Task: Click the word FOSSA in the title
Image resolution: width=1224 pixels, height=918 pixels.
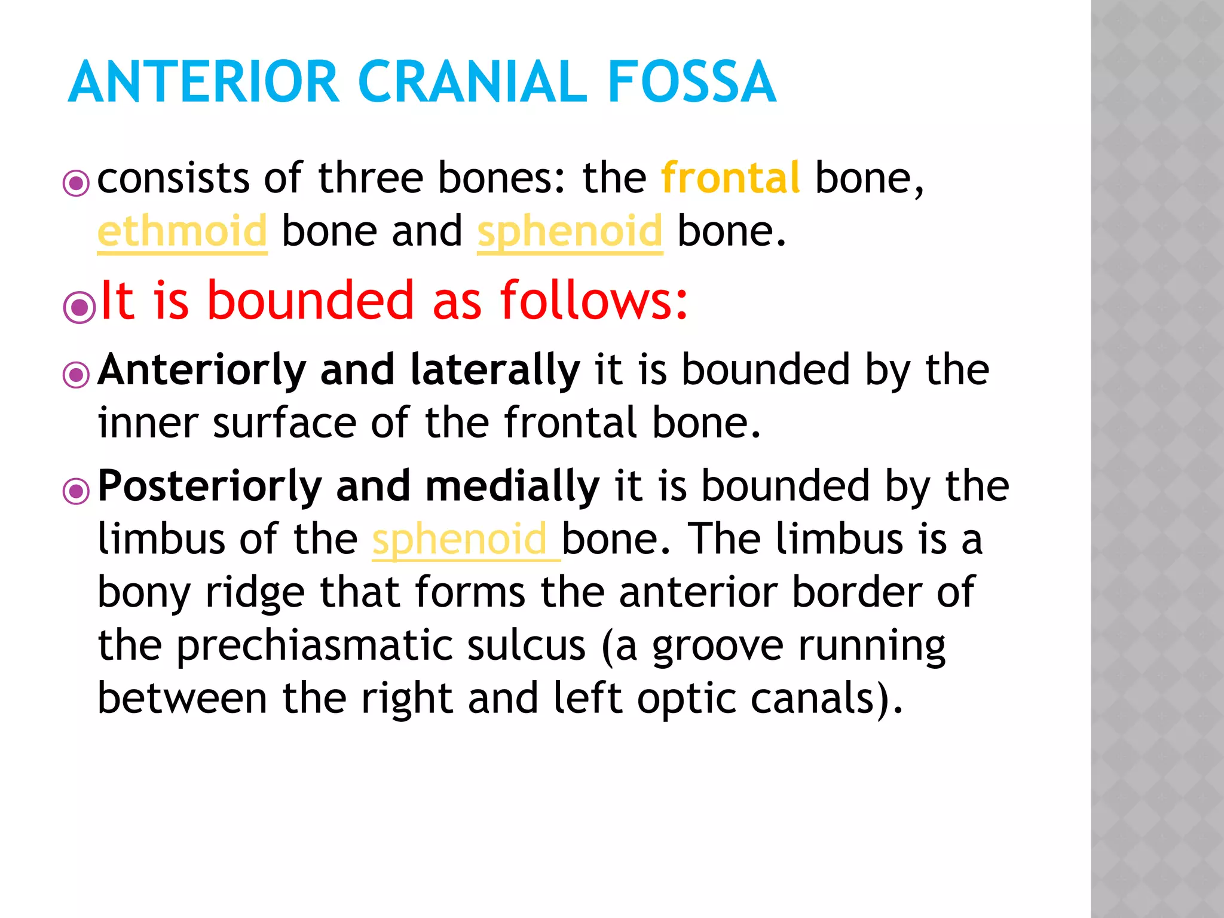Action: pyautogui.click(x=691, y=82)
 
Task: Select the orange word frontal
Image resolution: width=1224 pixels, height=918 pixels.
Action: pyautogui.click(x=730, y=178)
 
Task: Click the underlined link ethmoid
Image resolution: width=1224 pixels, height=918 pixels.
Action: pyautogui.click(x=182, y=231)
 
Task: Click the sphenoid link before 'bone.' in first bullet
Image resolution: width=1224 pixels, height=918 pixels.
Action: pyautogui.click(x=570, y=231)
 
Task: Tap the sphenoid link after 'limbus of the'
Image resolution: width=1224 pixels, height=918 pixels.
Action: pyautogui.click(x=460, y=539)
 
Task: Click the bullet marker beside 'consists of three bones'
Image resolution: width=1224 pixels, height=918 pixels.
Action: pyautogui.click(x=76, y=183)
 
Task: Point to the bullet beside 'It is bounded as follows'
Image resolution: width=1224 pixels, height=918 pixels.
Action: pyautogui.click(x=79, y=308)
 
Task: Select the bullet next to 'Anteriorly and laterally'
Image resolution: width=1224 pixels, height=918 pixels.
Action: pyautogui.click(x=76, y=375)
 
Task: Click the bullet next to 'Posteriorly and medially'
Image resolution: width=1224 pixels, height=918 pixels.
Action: pyautogui.click(x=76, y=491)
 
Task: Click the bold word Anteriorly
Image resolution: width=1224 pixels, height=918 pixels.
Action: pyautogui.click(x=202, y=371)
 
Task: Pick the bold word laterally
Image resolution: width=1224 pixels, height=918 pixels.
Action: pyautogui.click(x=495, y=371)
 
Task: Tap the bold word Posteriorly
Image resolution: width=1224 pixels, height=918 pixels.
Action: pyautogui.click(x=210, y=486)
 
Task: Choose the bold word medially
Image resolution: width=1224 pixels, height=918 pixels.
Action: pyautogui.click(x=512, y=486)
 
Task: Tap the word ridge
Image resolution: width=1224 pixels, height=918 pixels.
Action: pyautogui.click(x=255, y=593)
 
